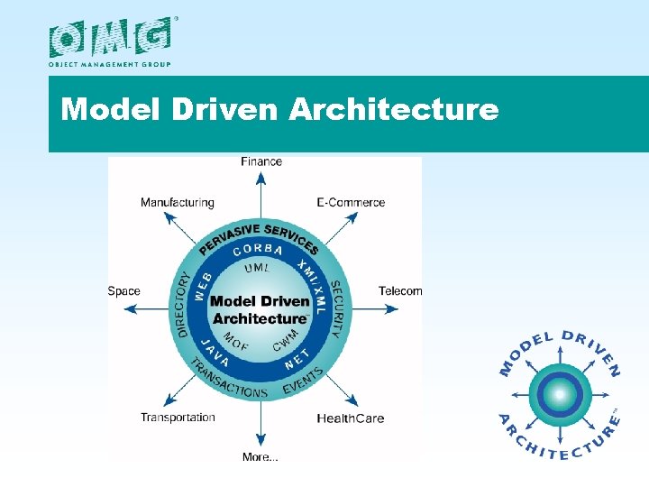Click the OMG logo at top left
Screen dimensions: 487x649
[x=109, y=39]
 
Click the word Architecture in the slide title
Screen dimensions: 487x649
[x=393, y=110]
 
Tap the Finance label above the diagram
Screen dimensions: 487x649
[x=261, y=161]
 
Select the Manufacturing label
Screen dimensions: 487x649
[x=177, y=203]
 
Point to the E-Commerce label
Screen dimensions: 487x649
[x=351, y=203]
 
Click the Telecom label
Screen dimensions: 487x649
[x=400, y=290]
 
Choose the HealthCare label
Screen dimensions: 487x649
[x=350, y=418]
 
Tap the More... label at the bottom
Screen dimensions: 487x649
[x=261, y=457]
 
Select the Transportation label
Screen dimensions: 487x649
[x=178, y=418]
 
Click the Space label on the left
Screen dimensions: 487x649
[x=123, y=290]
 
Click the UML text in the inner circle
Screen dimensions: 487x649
[x=258, y=268]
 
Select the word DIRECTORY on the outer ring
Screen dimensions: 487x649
[x=184, y=305]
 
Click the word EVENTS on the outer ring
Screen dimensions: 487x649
[x=304, y=381]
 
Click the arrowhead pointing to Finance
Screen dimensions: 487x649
[x=261, y=177]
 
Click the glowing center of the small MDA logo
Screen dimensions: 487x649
[x=560, y=394]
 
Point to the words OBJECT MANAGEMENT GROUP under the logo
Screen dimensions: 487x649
[x=109, y=64]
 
